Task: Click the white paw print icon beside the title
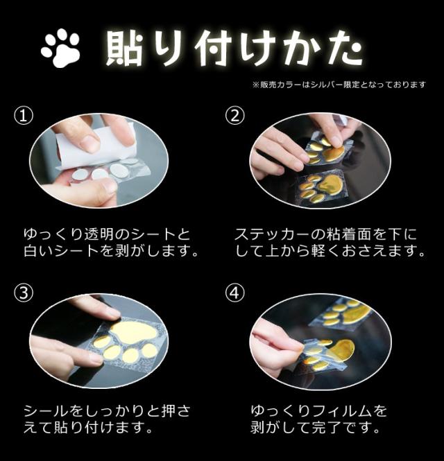pos(61,48)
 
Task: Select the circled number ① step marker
pos(24,116)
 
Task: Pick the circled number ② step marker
pos(234,115)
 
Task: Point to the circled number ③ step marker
pos(24,293)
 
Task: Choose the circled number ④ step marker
pos(234,293)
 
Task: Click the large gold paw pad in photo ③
pos(134,331)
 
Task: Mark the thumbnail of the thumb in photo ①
pos(110,186)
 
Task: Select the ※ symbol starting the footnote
pos(256,85)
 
